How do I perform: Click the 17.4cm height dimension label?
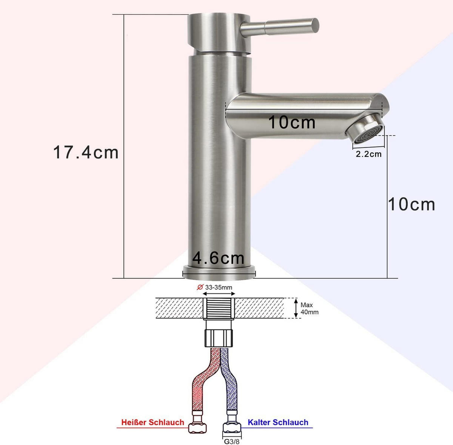tap(86, 152)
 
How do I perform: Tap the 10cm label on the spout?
tap(291, 122)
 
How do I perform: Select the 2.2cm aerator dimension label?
tap(368, 154)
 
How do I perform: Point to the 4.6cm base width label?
tap(218, 258)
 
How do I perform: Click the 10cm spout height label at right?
tap(411, 204)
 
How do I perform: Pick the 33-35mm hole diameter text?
tap(219, 287)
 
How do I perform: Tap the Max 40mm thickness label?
tap(309, 308)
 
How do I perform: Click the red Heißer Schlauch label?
tap(153, 422)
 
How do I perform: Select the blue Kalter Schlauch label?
tap(278, 422)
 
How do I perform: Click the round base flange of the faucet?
tap(219, 272)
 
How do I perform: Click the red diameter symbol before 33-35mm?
tap(200, 287)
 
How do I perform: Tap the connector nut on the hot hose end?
tap(197, 427)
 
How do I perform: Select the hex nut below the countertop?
tap(219, 337)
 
